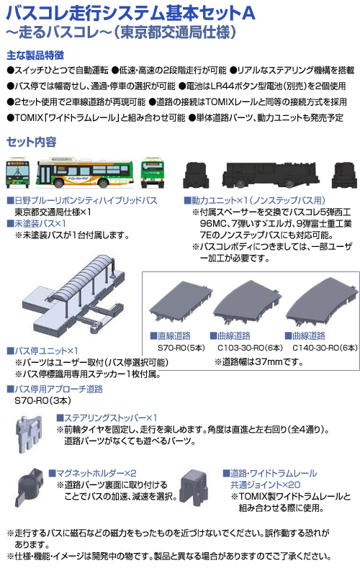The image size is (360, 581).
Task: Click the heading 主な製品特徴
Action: click(x=35, y=55)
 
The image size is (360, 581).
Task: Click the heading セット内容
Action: click(x=32, y=142)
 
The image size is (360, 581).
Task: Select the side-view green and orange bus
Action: click(x=84, y=173)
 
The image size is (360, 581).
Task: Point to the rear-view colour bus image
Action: click(x=153, y=173)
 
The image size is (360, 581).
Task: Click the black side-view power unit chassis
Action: click(x=270, y=175)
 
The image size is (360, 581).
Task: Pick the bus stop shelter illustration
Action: click(x=73, y=295)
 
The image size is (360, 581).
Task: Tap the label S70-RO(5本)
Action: click(x=181, y=348)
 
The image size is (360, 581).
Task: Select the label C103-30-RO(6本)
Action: click(x=251, y=348)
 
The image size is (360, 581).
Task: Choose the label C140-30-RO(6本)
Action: click(x=325, y=348)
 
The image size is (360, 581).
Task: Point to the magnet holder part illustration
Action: click(x=30, y=487)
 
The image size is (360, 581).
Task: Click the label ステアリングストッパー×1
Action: click(x=107, y=418)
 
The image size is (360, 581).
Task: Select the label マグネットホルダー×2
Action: click(x=93, y=473)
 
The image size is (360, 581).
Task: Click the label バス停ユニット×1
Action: click(x=42, y=351)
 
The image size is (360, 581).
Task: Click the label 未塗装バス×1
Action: click(x=36, y=223)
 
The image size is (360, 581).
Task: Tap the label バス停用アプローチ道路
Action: click(x=55, y=389)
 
